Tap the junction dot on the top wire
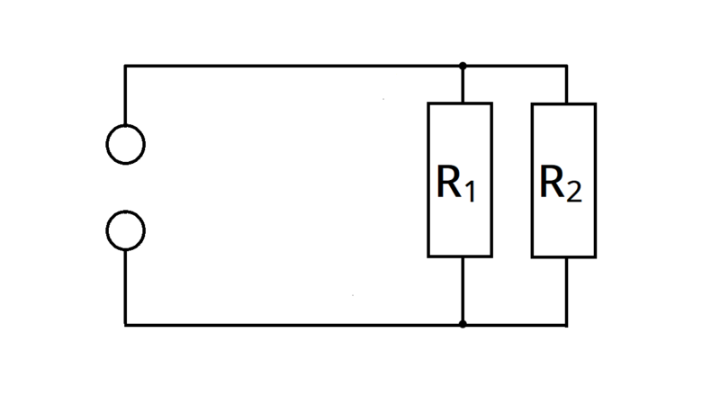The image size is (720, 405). tap(463, 66)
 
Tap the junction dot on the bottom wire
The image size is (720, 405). tap(463, 324)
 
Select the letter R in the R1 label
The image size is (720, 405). tap(448, 182)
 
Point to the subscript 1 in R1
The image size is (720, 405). tap(470, 191)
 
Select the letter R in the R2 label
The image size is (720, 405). tap(553, 182)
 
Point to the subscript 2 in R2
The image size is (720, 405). tap(574, 191)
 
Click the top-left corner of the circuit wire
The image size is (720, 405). tap(125, 66)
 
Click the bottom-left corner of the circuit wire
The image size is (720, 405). tap(125, 325)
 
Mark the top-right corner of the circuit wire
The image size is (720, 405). tap(567, 66)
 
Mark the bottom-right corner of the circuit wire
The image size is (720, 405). tap(567, 325)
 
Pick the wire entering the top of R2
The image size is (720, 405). tap(567, 85)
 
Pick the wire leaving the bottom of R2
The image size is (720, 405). tap(567, 292)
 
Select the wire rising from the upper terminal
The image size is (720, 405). tap(125, 95)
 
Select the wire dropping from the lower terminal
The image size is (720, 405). tap(125, 287)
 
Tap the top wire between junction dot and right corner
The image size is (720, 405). tap(515, 66)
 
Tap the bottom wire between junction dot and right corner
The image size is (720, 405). tap(515, 325)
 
